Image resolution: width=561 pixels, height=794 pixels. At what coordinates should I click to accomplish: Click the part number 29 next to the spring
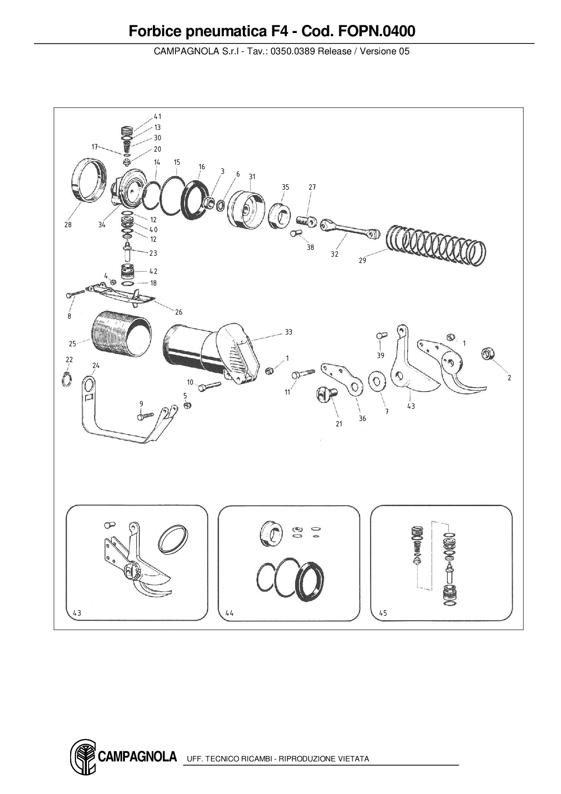tap(362, 260)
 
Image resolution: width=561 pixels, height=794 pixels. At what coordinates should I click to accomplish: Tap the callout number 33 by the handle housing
tap(289, 332)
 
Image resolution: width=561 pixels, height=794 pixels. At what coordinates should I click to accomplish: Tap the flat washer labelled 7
tap(375, 381)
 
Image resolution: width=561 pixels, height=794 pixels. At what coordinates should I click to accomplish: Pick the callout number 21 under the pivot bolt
tap(339, 424)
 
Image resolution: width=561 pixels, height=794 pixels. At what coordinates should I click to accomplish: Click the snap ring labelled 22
tap(67, 379)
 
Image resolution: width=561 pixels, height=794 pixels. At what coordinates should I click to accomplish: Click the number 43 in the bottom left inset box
tap(77, 613)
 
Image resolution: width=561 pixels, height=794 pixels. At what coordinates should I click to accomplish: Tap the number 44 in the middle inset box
tap(229, 613)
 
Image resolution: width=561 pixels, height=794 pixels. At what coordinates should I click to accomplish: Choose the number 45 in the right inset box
tap(383, 613)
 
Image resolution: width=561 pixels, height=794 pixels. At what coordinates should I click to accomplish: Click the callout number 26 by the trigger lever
tap(179, 312)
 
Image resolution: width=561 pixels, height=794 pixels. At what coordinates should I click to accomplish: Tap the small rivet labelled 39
tap(380, 336)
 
